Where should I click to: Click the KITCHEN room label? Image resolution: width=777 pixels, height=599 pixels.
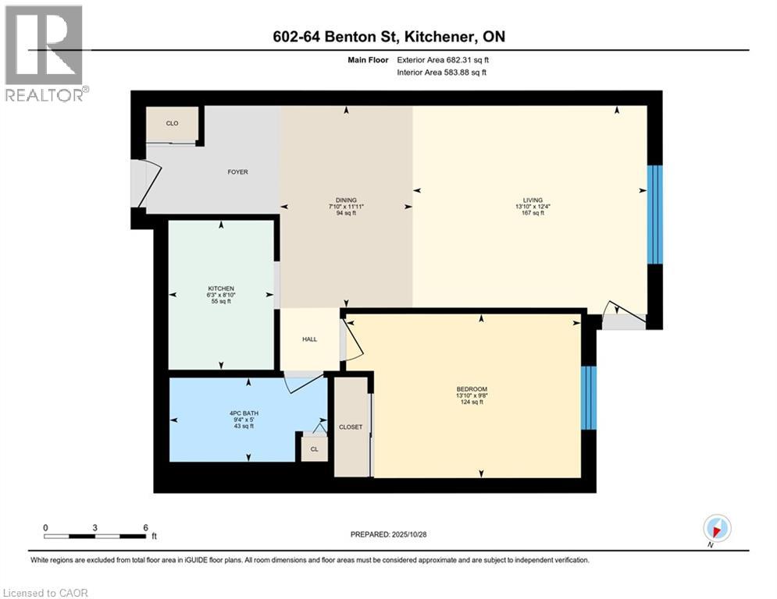[221, 286]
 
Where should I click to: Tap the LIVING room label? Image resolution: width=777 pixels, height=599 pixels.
[534, 200]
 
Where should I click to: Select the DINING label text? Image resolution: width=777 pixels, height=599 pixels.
[346, 200]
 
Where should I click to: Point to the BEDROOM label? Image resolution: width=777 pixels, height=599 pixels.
[472, 389]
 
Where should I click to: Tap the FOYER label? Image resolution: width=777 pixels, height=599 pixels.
[237, 172]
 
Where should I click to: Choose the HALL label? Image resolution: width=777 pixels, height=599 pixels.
[310, 339]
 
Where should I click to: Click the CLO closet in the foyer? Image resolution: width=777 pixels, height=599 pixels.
[172, 123]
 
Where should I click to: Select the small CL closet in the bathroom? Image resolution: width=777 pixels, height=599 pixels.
[314, 448]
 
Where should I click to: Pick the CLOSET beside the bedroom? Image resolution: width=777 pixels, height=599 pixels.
[351, 427]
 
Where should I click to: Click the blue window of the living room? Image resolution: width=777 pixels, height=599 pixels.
[655, 214]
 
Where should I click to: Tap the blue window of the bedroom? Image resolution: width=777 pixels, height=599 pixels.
[590, 398]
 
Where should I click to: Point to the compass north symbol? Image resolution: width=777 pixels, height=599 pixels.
[716, 529]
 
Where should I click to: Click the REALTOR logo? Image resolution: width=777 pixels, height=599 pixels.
[45, 53]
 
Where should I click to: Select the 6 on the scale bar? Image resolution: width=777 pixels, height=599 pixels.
[145, 527]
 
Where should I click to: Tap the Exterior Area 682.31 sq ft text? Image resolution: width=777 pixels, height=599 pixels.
[444, 59]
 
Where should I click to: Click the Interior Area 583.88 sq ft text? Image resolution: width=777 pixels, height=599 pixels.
[442, 73]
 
